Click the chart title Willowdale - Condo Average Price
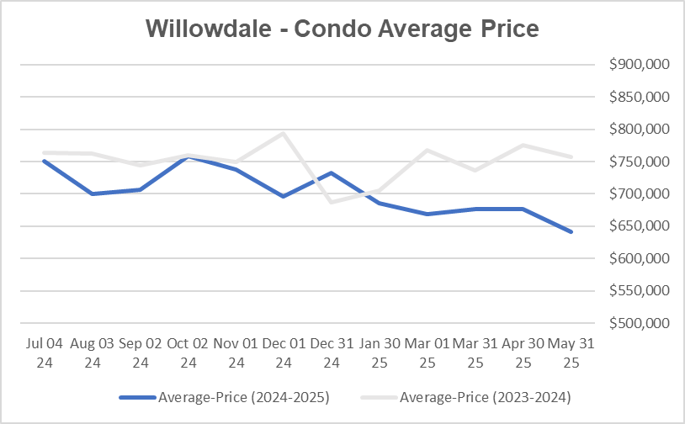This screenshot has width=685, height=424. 342,28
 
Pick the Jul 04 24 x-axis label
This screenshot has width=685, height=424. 45,353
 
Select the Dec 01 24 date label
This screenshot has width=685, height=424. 284,353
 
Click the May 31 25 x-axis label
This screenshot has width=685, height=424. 572,353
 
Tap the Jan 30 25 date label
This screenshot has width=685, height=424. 380,353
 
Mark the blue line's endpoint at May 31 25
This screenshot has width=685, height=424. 572,231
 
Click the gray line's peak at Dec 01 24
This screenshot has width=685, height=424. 284,133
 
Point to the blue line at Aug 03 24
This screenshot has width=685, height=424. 93,193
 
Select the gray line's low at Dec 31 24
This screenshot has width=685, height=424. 332,202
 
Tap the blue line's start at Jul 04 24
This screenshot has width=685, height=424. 45,161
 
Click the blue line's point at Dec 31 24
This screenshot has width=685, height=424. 332,173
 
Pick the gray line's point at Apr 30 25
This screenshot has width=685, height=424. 524,145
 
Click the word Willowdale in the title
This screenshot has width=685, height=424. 209,28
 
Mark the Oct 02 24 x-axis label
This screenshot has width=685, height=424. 189,353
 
